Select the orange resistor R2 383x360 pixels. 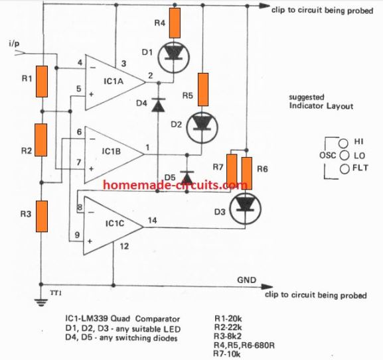[41, 139]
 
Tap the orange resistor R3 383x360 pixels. [41, 215]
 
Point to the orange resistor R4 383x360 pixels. [175, 23]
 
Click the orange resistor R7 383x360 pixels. [232, 169]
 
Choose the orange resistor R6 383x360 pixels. [247, 172]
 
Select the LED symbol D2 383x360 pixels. [202, 125]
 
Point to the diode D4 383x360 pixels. [157, 105]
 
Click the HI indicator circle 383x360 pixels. [343, 142]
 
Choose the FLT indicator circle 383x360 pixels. [343, 168]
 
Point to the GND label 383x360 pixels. [246, 280]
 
